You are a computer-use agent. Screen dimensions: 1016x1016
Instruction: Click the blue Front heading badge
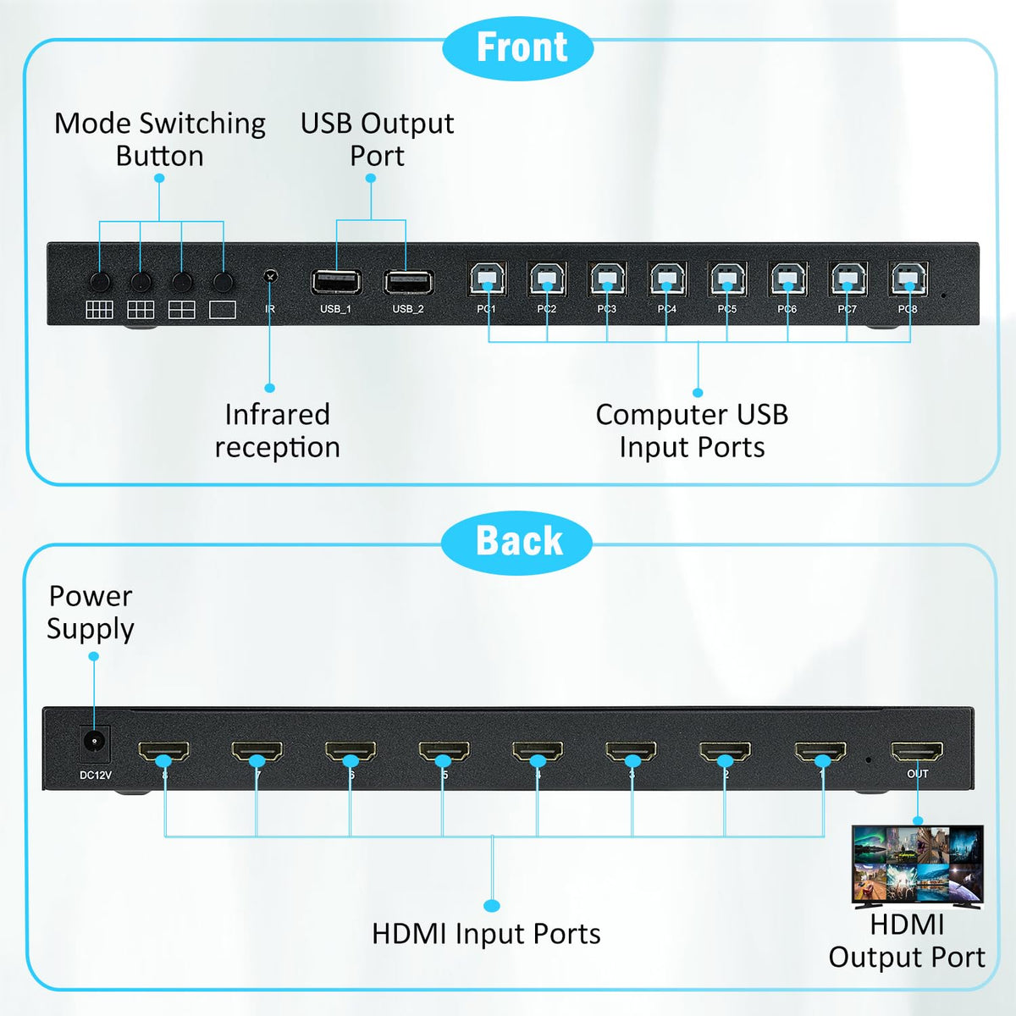point(518,48)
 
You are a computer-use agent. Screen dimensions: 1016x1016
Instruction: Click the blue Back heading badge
point(516,542)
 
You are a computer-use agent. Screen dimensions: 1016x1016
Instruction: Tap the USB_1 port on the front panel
point(336,281)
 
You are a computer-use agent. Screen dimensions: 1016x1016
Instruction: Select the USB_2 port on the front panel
point(409,281)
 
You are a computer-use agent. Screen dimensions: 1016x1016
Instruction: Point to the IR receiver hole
point(270,277)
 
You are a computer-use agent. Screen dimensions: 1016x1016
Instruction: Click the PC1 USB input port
point(488,279)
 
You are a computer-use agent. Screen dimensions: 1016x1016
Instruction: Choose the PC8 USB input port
point(909,279)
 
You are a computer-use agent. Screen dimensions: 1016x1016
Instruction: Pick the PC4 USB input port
point(667,279)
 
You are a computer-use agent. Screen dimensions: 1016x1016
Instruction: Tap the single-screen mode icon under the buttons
point(223,310)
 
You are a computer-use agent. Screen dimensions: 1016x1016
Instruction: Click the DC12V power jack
point(94,743)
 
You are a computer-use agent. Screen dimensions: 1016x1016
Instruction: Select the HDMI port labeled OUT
point(917,751)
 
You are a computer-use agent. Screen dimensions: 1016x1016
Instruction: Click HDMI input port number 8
point(164,751)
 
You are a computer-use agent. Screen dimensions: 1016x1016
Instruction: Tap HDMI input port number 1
point(820,751)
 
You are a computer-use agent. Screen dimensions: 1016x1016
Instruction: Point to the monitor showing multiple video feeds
point(917,865)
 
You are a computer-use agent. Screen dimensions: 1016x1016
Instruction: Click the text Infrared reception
point(277,431)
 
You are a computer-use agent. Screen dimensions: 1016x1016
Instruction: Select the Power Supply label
point(91,612)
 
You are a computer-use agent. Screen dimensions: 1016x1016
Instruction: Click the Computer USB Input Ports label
point(692,431)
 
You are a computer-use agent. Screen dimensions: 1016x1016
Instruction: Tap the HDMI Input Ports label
point(486,934)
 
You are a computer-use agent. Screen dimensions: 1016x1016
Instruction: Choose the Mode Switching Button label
point(160,140)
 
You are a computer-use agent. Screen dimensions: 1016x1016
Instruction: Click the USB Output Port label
point(377,140)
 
